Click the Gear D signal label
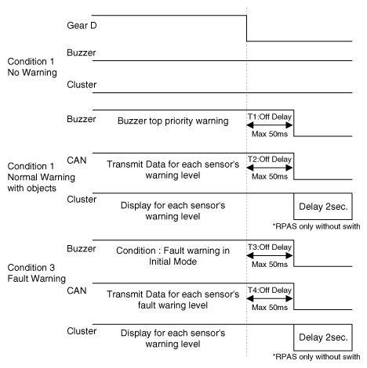point(82,26)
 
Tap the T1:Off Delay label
point(270,117)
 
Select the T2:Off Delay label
point(270,159)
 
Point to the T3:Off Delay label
point(270,247)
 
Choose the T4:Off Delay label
point(270,290)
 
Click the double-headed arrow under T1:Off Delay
point(270,125)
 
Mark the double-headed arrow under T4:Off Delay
point(270,298)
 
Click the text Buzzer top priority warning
point(173,121)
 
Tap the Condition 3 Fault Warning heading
point(36,273)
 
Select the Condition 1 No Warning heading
point(32,67)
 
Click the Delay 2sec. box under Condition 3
point(323,337)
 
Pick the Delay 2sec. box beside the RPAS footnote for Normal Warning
point(323,207)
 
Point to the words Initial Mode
point(173,262)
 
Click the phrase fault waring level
point(173,305)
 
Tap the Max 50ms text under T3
point(270,265)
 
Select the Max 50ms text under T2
point(270,177)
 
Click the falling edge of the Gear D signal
point(246,28)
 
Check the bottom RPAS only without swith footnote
point(316,356)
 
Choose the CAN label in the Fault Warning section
point(76,290)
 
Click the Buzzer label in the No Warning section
point(82,52)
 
